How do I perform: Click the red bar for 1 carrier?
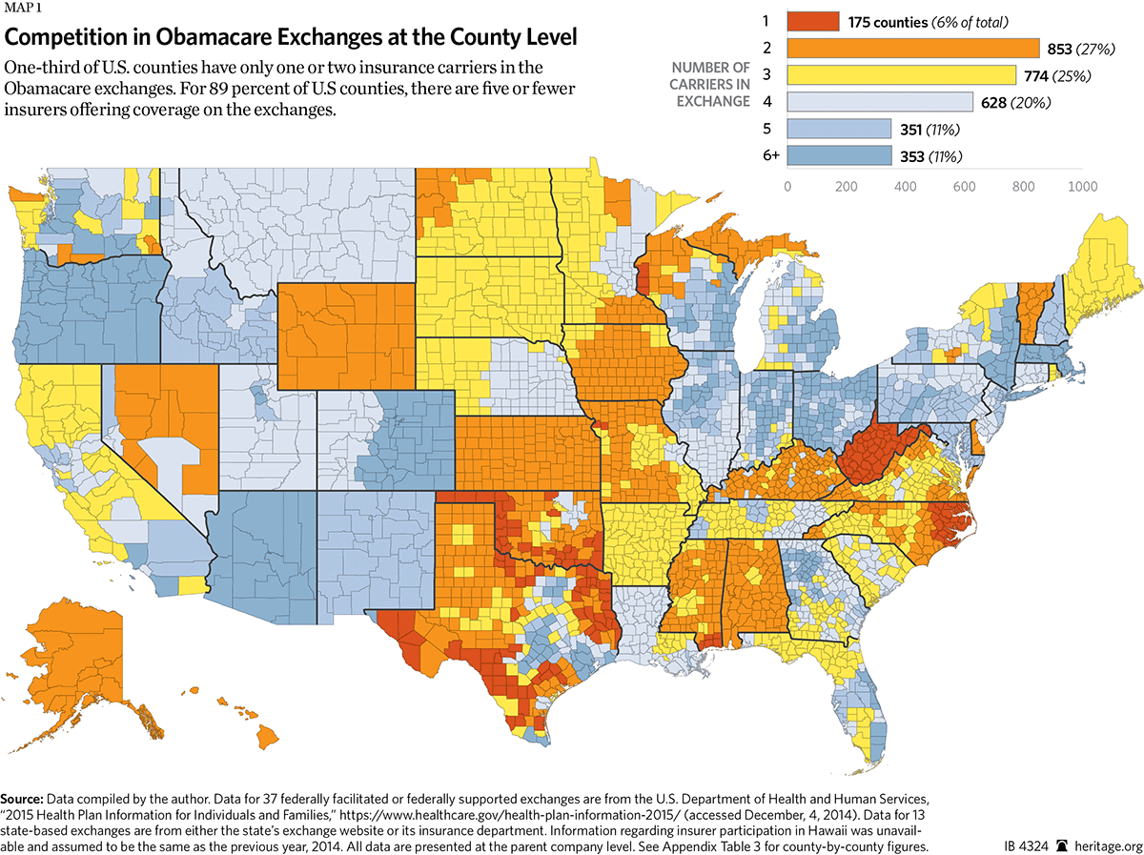(x=812, y=21)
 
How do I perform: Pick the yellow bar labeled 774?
(x=901, y=75)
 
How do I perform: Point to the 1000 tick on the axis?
(x=1082, y=187)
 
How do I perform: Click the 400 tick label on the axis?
(x=905, y=187)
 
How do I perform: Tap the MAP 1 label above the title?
(x=24, y=10)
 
